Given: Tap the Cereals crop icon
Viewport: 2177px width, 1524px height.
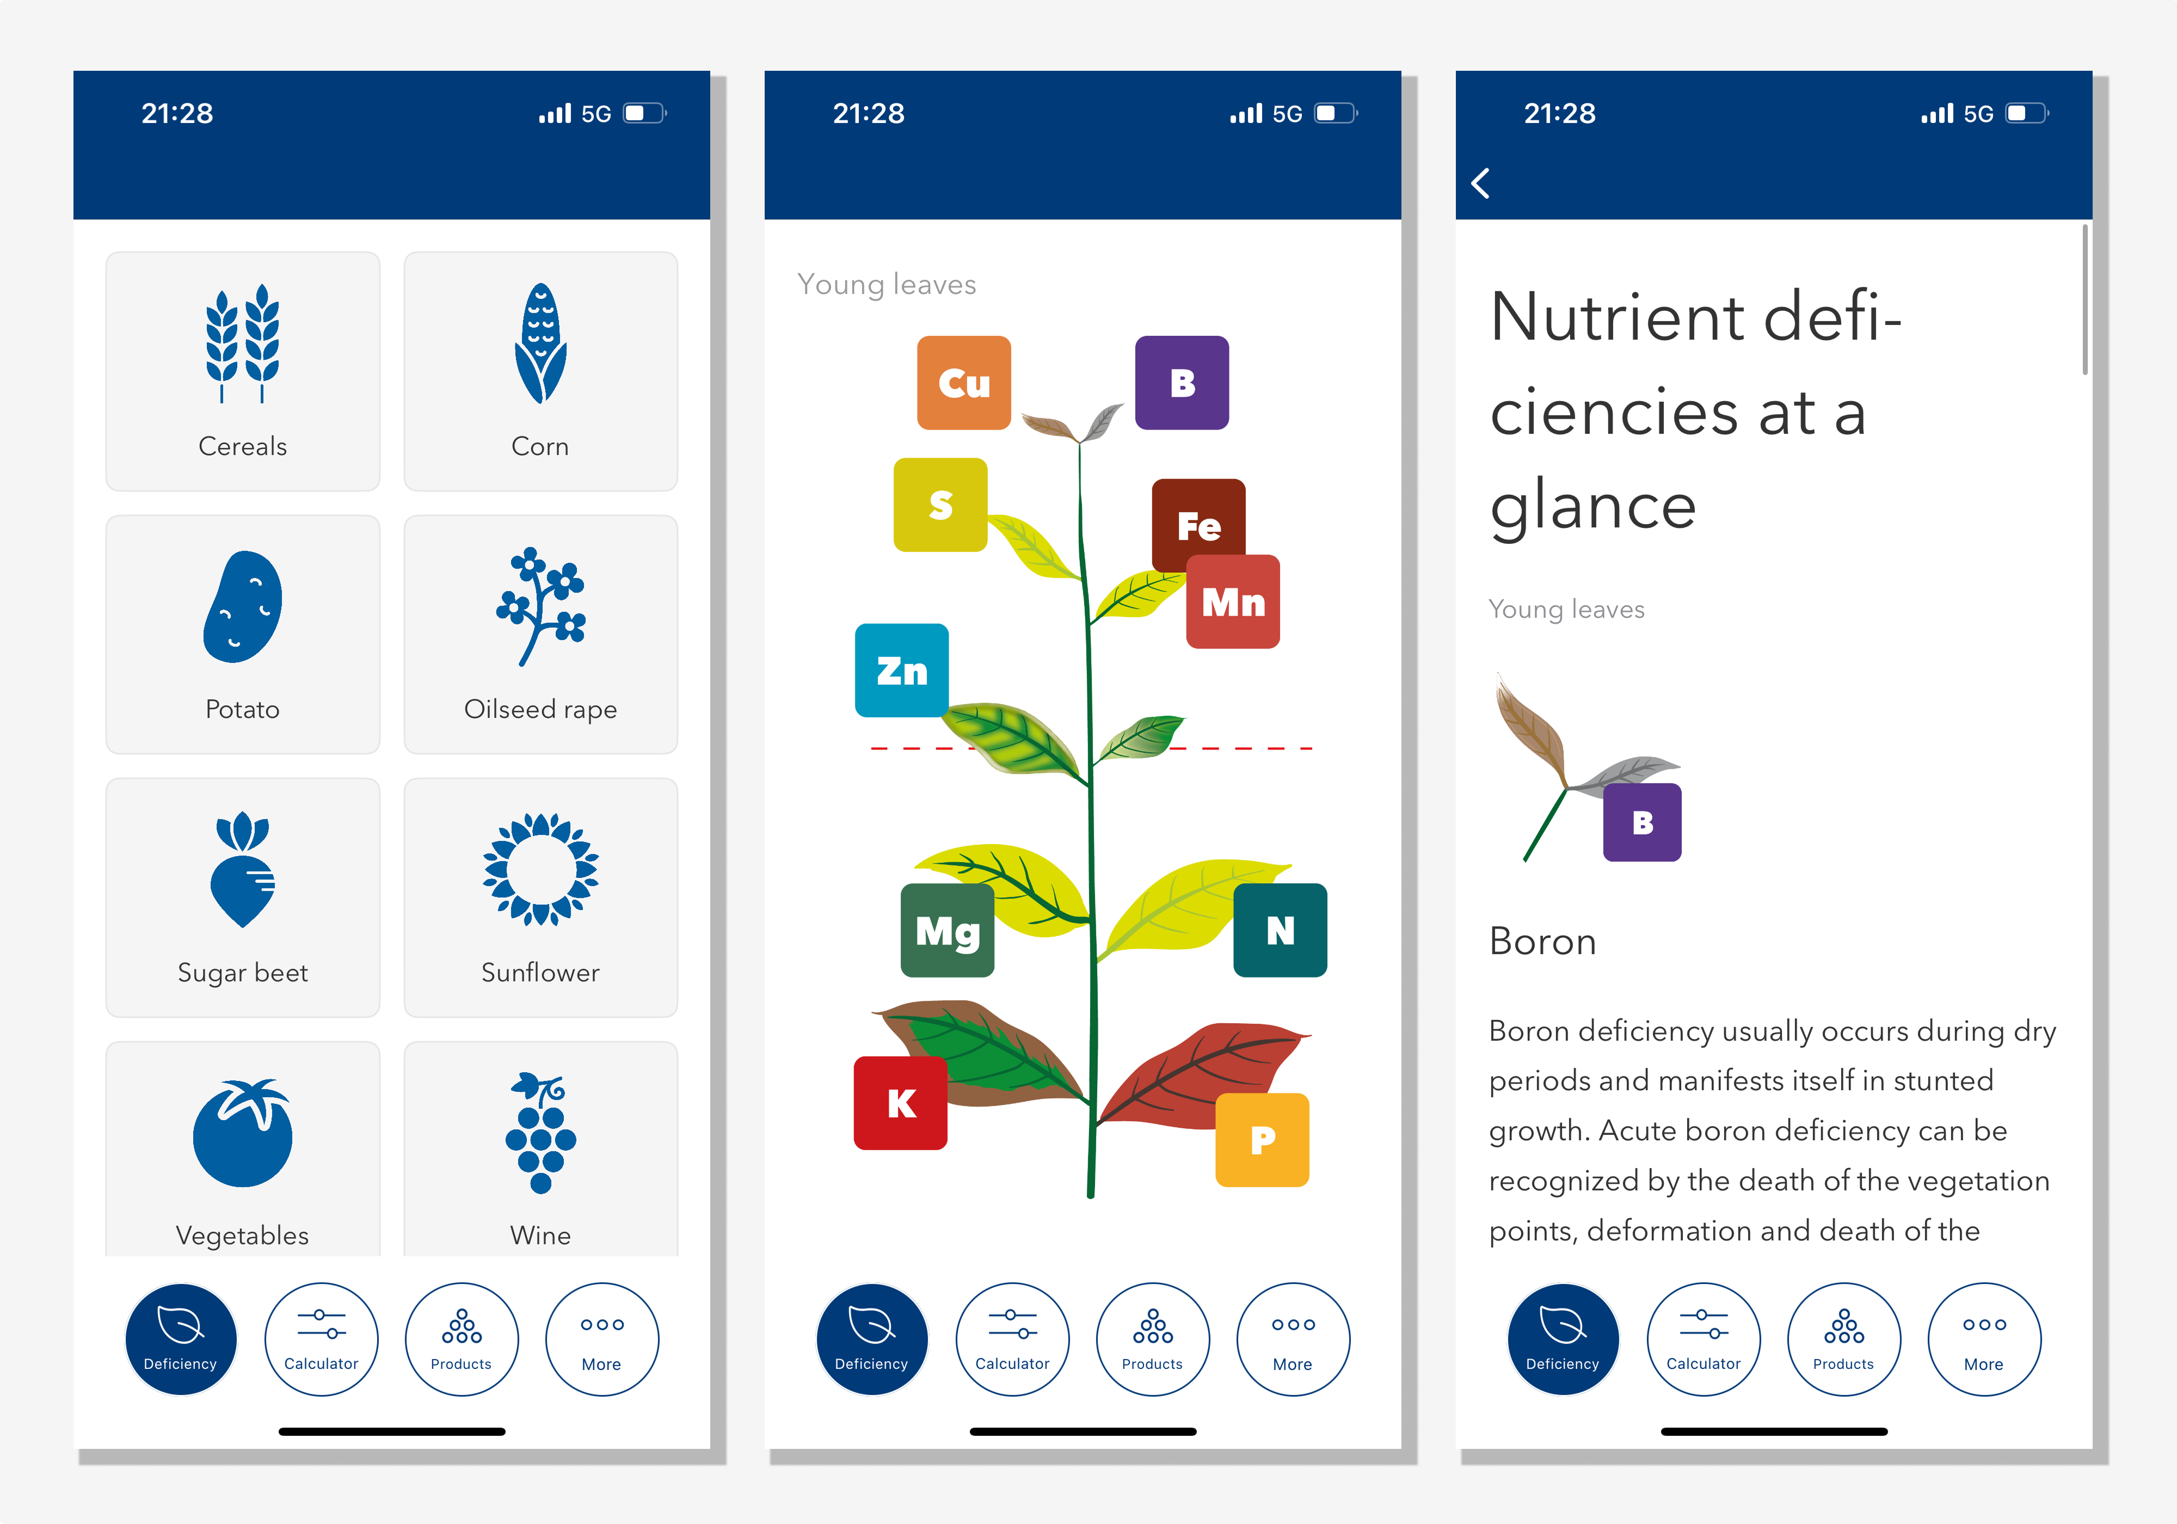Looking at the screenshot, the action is coord(243,343).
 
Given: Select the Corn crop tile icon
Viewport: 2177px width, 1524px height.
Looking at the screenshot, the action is coord(540,343).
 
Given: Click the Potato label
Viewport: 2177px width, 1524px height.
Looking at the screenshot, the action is coord(243,709).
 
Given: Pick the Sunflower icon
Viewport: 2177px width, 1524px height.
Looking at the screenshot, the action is coord(540,869).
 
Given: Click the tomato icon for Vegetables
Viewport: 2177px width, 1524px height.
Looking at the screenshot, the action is coord(243,1132).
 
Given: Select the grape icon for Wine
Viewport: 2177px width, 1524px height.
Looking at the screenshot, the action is coord(540,1132).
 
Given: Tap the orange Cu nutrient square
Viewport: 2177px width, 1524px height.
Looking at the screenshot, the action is coord(963,383).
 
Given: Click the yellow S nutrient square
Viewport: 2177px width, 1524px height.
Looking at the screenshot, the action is coord(940,505).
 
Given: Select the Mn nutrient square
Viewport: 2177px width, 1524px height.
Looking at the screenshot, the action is coord(1233,602).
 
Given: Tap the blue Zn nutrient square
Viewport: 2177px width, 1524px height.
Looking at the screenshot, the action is coord(902,671).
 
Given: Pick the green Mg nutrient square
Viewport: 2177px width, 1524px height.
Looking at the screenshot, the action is coord(947,930).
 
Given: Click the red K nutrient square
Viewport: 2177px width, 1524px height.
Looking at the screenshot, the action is coord(901,1103).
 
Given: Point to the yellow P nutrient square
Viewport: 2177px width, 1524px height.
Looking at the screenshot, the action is coord(1262,1140).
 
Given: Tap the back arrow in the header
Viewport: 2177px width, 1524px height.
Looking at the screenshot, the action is coord(1480,183).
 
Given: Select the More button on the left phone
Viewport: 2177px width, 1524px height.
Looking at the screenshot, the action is coord(602,1339).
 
